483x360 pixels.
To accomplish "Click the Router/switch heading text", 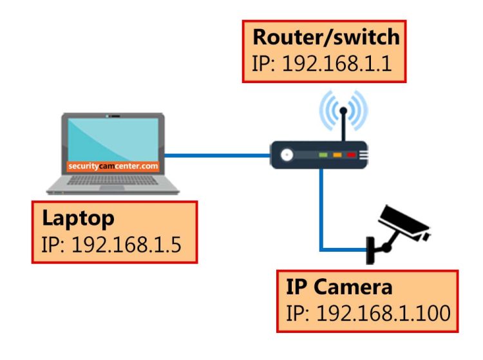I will tap(326, 37).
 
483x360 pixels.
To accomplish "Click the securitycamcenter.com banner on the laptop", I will tap(113, 166).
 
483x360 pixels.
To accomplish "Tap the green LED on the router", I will tap(323, 155).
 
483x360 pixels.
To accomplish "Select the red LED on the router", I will tap(351, 155).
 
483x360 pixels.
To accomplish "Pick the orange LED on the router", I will tap(337, 155).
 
